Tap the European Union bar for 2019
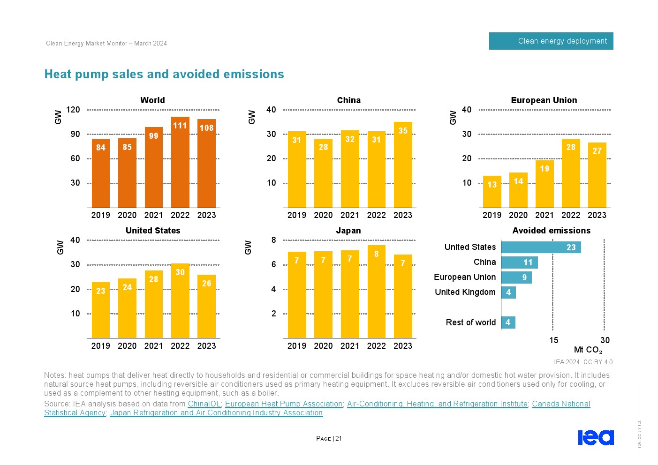pyautogui.click(x=492, y=192)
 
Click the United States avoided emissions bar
pyautogui.click(x=541, y=247)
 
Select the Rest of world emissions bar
pyautogui.click(x=508, y=322)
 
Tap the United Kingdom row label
pyautogui.click(x=465, y=292)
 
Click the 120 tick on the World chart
pyautogui.click(x=73, y=110)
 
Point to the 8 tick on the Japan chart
pyautogui.click(x=273, y=240)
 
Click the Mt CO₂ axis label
pyautogui.click(x=588, y=350)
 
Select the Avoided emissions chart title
pyautogui.click(x=551, y=231)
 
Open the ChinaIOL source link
pyautogui.click(x=204, y=404)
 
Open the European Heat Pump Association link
pyautogui.click(x=284, y=404)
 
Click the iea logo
pyautogui.click(x=596, y=437)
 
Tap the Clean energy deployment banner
pyautogui.click(x=551, y=41)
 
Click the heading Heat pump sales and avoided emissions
pyautogui.click(x=164, y=74)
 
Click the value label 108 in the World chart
pyautogui.click(x=206, y=127)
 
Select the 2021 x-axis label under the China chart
pyautogui.click(x=350, y=215)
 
